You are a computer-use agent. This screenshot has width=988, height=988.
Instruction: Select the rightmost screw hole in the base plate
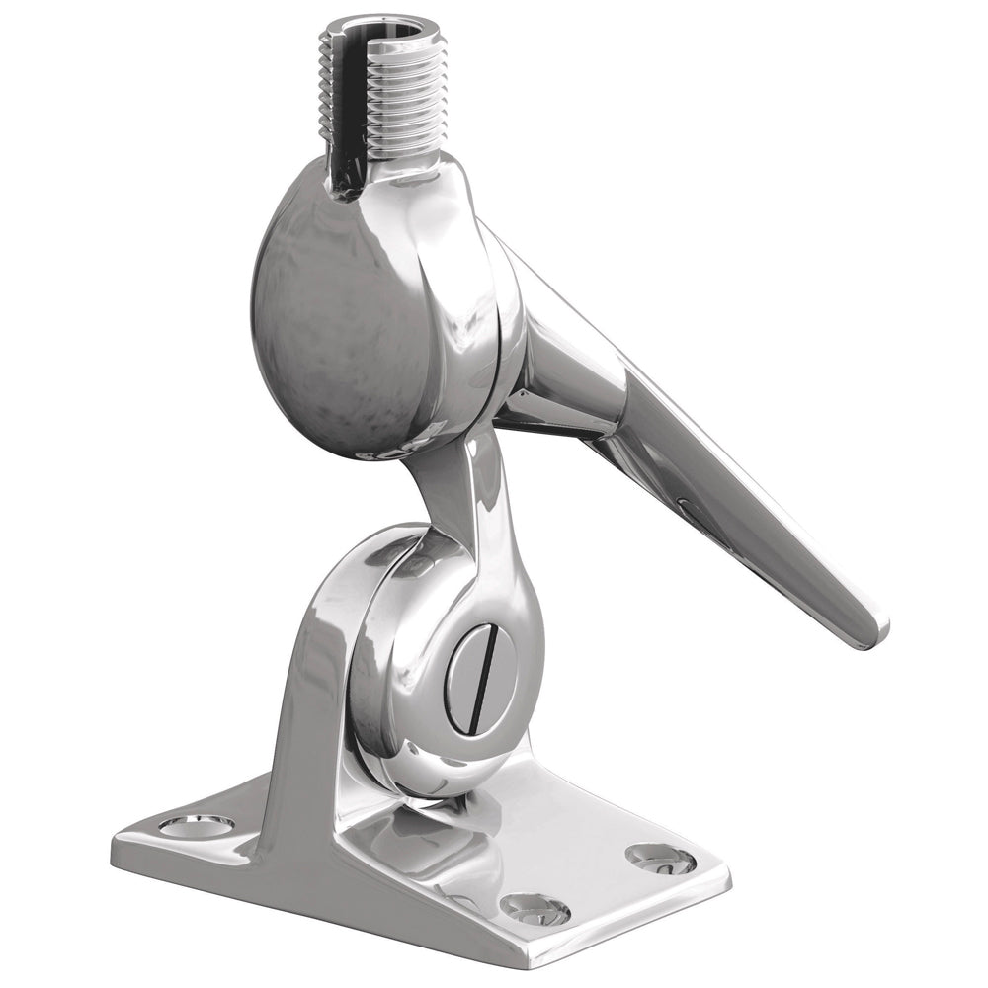(661, 859)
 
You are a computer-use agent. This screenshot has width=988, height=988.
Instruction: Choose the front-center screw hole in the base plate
(535, 908)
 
